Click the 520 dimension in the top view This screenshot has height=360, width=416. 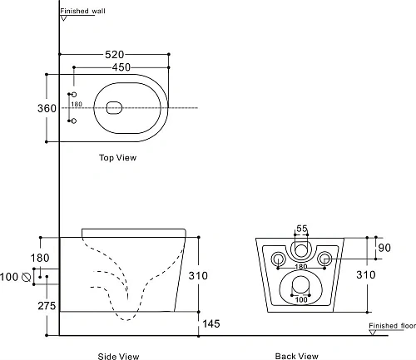(114, 55)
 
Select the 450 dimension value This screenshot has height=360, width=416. (121, 67)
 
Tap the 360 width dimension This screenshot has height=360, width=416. (47, 108)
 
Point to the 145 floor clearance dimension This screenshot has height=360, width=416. (211, 323)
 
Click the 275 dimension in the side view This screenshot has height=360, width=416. (47, 306)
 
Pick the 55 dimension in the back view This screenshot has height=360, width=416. (302, 229)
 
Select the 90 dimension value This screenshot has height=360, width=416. (384, 248)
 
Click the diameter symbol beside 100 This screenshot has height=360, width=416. (26, 277)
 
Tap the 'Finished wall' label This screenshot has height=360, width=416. (82, 11)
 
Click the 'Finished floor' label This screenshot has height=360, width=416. (392, 326)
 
